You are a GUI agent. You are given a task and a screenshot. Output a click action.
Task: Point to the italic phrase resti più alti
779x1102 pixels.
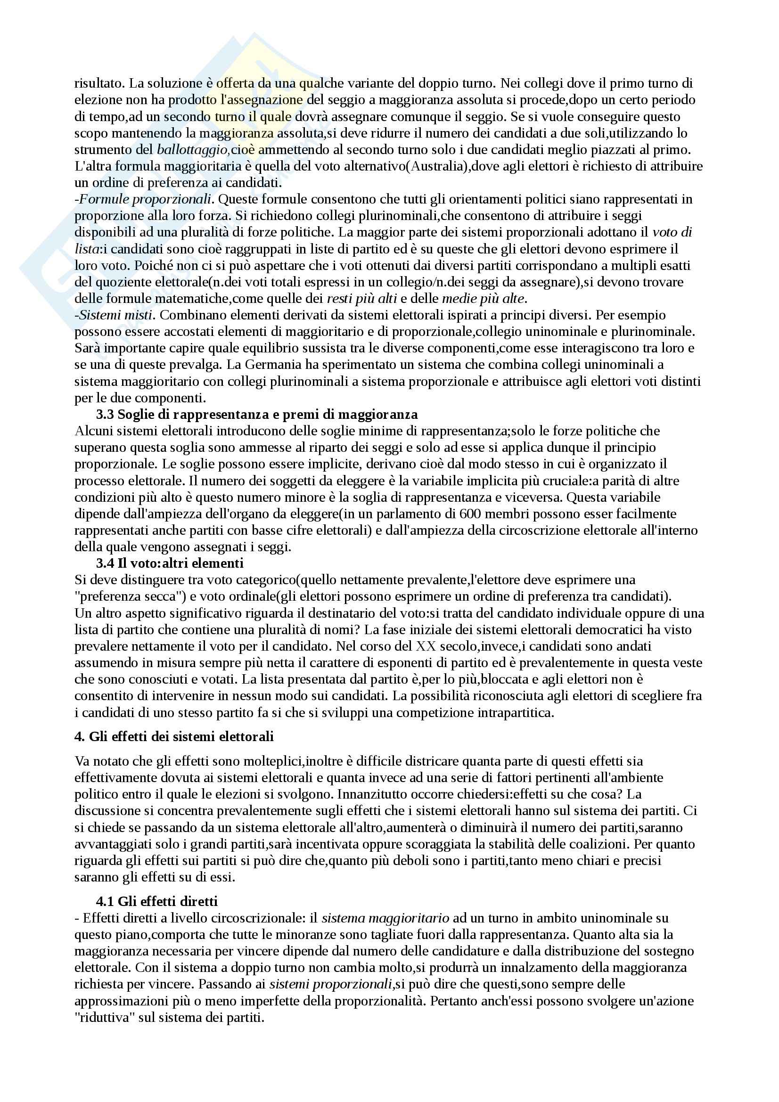pos(361,299)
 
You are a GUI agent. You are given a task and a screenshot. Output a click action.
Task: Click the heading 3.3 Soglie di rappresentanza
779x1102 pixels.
pos(257,414)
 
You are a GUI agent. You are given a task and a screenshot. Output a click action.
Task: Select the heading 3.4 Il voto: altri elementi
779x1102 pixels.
pos(170,563)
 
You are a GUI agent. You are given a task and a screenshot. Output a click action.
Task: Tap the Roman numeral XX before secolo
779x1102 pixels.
pos(426,646)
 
